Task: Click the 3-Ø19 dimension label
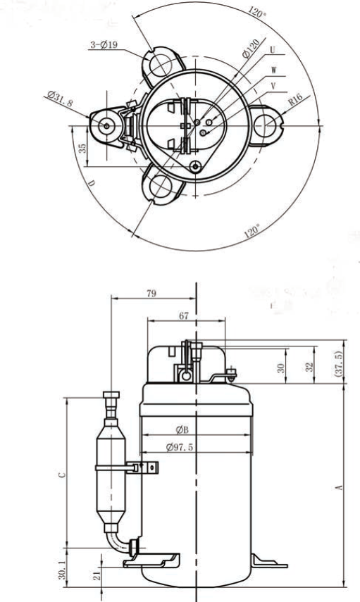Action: click(104, 45)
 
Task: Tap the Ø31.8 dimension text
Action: click(60, 99)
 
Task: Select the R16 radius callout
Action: click(295, 100)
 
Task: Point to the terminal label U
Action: click(273, 50)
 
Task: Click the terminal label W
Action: click(274, 70)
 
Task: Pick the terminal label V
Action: click(273, 87)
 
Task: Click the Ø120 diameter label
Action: click(251, 49)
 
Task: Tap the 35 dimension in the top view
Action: click(82, 148)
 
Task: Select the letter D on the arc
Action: click(91, 184)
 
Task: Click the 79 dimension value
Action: click(151, 294)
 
